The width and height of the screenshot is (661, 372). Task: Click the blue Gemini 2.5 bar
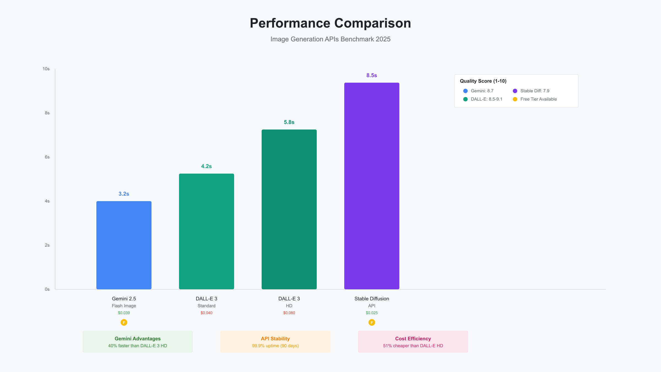coord(124,245)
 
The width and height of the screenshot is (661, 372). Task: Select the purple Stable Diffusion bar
coord(372,186)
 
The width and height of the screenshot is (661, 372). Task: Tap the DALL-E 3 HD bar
coord(289,209)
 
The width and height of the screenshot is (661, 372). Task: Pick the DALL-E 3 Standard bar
coord(206,231)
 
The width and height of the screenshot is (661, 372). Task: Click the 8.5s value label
coord(372,75)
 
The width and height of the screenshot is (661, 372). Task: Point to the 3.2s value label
coord(124,194)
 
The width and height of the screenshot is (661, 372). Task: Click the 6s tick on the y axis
coord(47,157)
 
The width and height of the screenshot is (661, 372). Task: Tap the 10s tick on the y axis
coord(46,69)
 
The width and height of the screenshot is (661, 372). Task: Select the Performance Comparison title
coord(330,23)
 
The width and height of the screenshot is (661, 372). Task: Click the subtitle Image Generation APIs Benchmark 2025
coord(330,39)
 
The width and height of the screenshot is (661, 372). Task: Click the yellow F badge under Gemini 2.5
coord(124,322)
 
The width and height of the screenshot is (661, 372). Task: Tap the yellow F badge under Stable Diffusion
coord(372,322)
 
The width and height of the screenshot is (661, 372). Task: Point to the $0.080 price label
coord(289,313)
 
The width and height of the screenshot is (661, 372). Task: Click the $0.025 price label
coord(372,313)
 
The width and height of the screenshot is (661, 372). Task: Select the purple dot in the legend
coord(515,91)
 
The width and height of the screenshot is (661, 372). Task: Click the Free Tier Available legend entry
coord(538,99)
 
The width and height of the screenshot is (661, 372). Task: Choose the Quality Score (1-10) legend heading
coord(483,81)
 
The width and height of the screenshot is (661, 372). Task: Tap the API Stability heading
coord(275,339)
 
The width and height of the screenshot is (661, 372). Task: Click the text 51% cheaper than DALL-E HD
coord(413,346)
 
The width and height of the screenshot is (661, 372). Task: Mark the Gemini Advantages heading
coord(137,339)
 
